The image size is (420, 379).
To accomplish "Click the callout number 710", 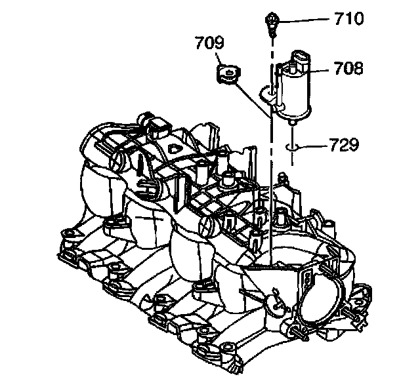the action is tap(348, 19).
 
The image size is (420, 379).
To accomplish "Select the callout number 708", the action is tap(348, 68).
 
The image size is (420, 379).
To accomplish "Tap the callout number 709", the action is tap(209, 45).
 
